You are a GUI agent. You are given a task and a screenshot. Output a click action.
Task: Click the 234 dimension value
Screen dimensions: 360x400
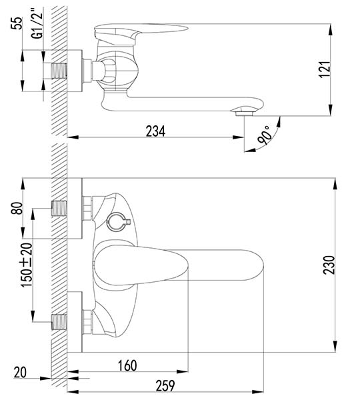pyautogui.click(x=155, y=131)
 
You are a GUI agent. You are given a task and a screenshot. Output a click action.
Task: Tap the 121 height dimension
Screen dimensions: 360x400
pyautogui.click(x=324, y=69)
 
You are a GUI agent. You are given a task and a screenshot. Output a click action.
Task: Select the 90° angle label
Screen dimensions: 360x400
pyautogui.click(x=264, y=135)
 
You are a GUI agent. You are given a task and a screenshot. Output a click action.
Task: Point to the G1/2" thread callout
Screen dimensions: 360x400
pyautogui.click(x=37, y=24)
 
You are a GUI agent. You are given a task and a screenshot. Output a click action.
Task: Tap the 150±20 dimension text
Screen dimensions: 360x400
pyautogui.click(x=27, y=265)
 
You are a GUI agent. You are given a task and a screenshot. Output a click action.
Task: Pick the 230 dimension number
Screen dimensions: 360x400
pyautogui.click(x=329, y=265)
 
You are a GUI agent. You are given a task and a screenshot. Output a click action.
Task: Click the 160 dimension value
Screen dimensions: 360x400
pyautogui.click(x=127, y=365)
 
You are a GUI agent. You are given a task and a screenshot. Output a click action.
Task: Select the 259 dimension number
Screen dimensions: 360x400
pyautogui.click(x=165, y=385)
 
